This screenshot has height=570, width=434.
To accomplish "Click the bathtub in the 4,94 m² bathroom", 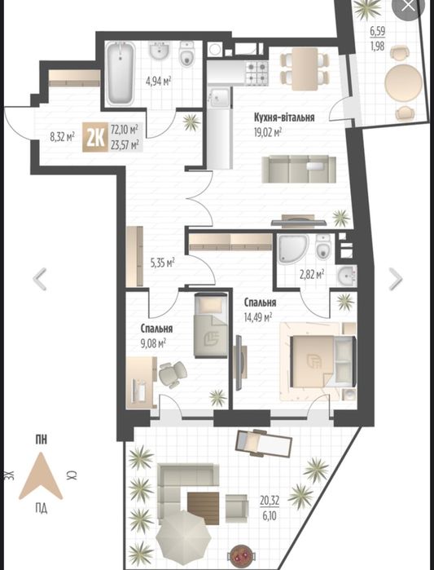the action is tap(121, 73).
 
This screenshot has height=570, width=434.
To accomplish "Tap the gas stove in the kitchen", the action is tap(257, 73).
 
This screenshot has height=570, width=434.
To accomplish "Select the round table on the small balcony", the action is tap(403, 82).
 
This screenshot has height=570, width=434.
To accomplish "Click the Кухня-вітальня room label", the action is tap(284, 117).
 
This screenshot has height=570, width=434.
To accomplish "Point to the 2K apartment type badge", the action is tap(95, 138).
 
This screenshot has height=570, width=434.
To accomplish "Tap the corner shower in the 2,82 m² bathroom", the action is tap(293, 249).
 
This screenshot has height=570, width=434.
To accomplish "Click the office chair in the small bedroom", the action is tap(172, 374).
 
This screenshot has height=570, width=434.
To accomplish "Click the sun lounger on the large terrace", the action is tap(264, 443).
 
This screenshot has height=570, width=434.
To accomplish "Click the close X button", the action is tap(409, 7).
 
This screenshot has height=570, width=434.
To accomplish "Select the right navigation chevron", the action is tap(396, 279).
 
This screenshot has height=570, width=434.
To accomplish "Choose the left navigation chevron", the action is tap(40, 279).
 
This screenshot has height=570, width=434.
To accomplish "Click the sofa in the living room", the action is tap(299, 169).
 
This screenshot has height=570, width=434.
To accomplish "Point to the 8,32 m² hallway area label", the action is tap(62, 137).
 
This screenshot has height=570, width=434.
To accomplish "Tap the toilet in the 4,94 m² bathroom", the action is tap(186, 54).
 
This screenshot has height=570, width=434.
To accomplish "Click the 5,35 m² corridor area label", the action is tap(163, 263).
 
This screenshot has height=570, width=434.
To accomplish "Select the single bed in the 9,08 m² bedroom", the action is tap(211, 325).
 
